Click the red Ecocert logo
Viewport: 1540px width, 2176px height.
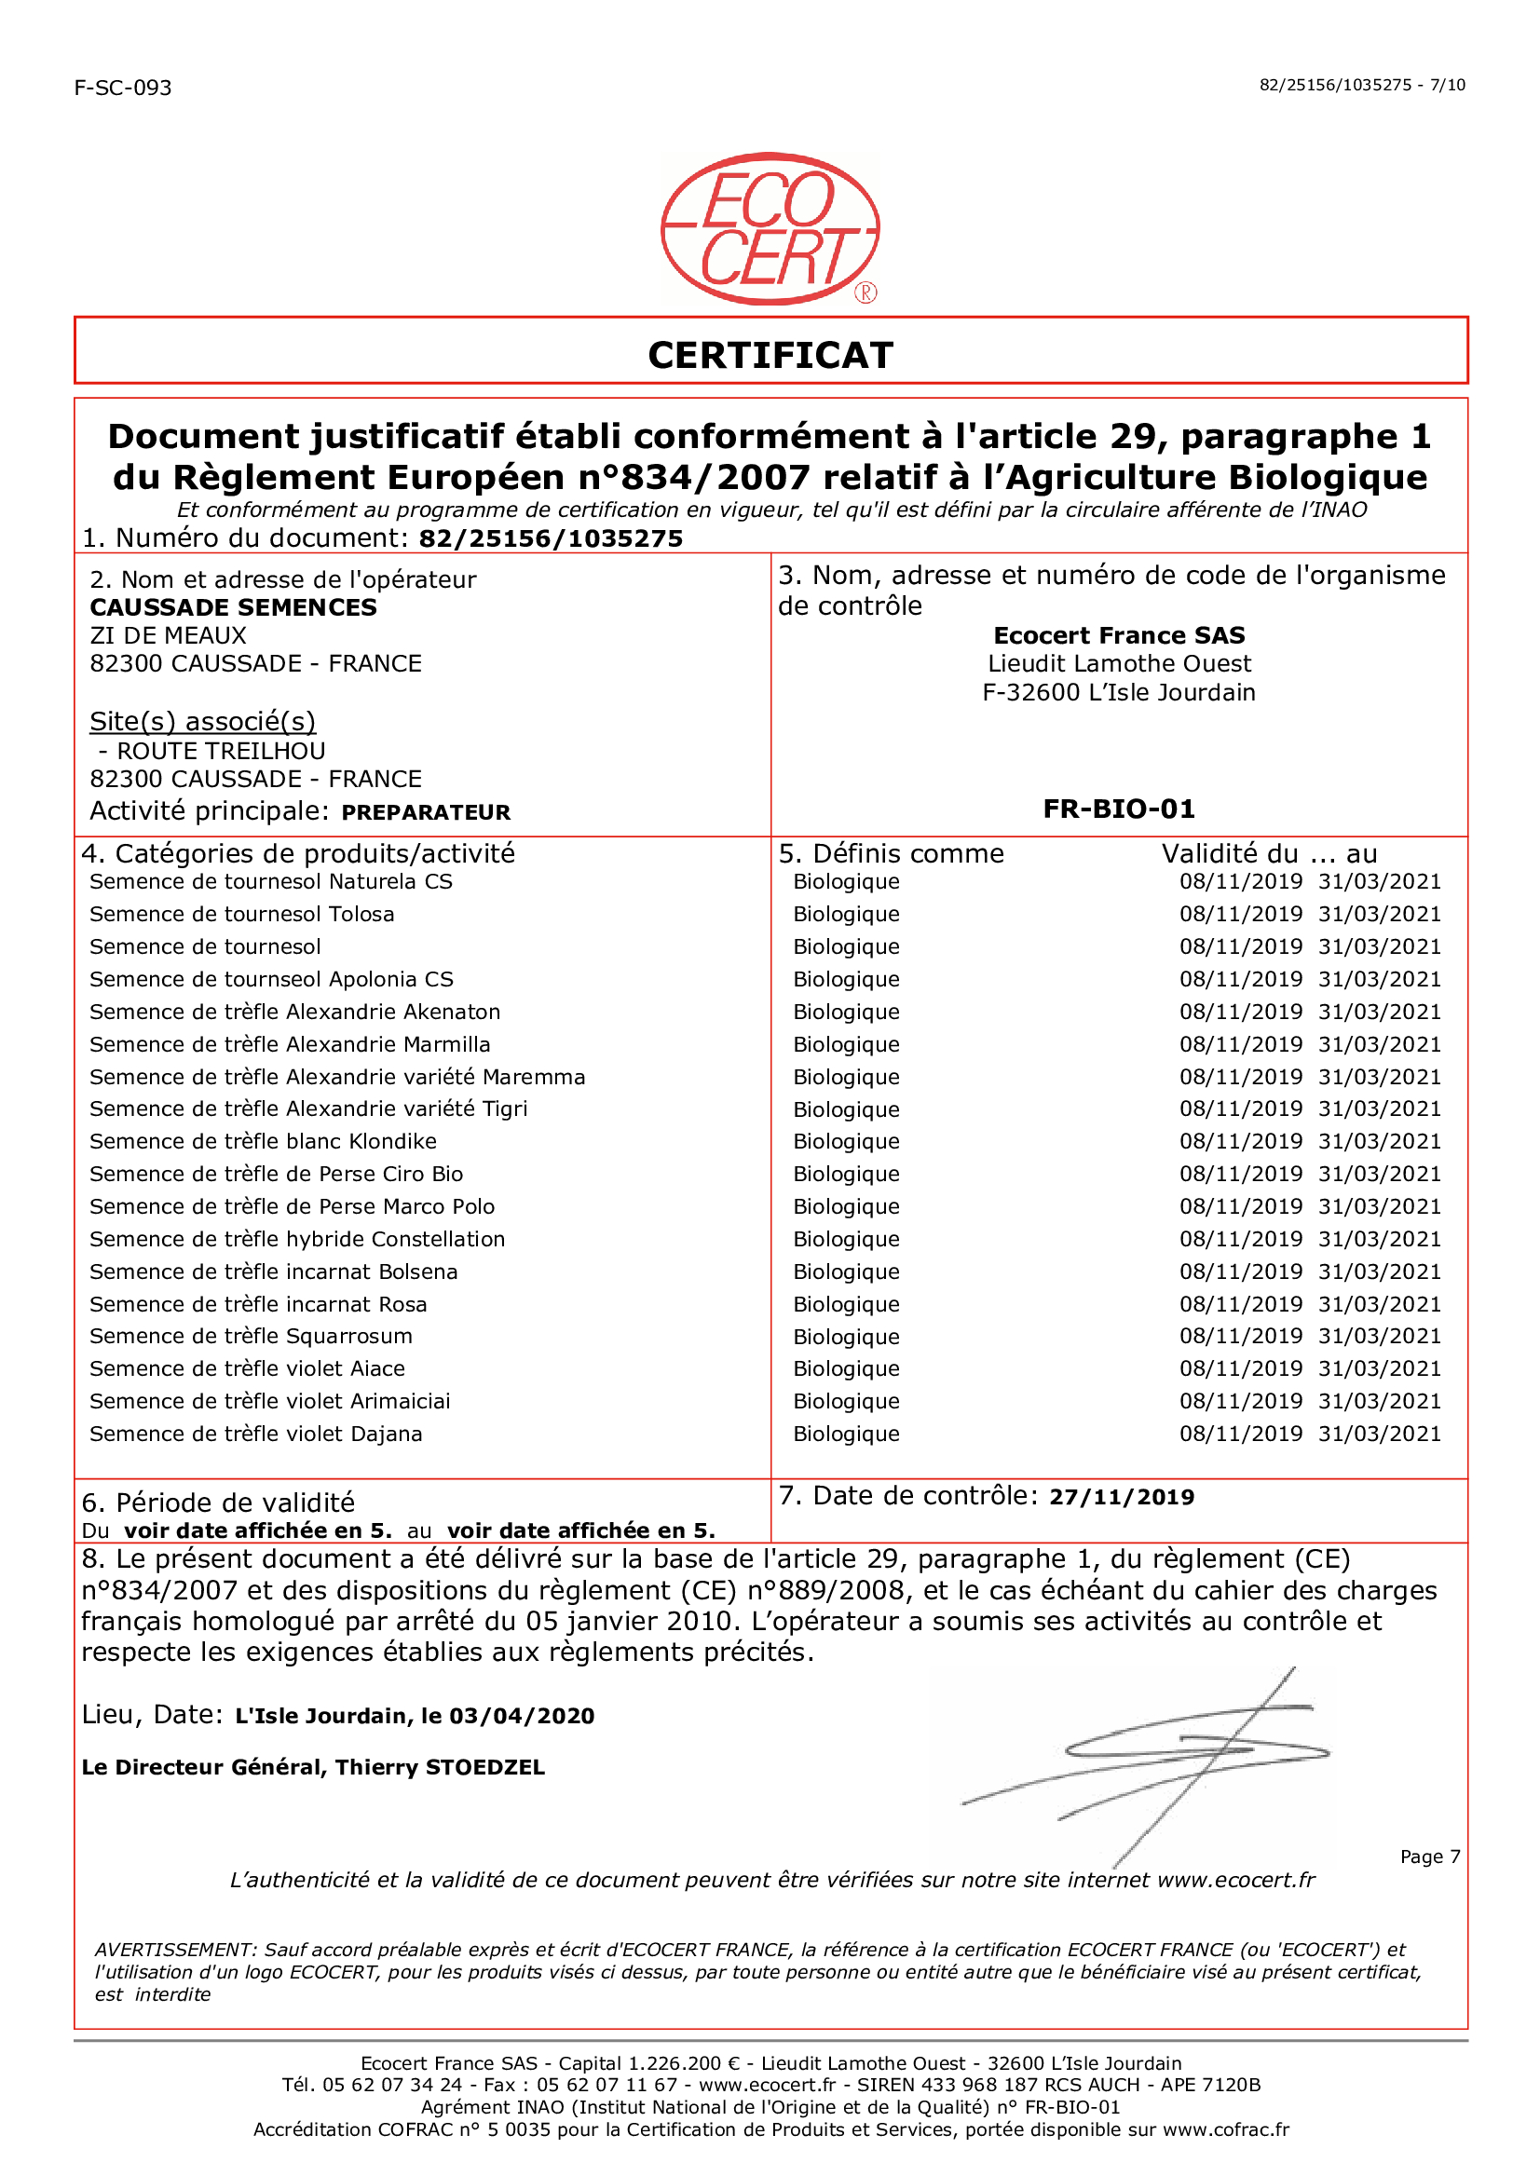tap(770, 228)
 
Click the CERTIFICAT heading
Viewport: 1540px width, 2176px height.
tap(770, 356)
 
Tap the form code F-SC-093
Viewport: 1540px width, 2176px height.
tap(123, 88)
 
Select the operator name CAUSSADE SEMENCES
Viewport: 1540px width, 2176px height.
tap(233, 607)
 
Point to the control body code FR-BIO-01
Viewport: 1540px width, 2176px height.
tap(1119, 809)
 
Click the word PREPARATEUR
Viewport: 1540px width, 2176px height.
tap(426, 812)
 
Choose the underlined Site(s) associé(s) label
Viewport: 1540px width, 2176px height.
tap(202, 722)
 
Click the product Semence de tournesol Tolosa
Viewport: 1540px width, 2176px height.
tap(242, 914)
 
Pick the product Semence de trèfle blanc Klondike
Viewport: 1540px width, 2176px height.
tap(263, 1142)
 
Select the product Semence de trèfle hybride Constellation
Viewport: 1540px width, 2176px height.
tap(297, 1239)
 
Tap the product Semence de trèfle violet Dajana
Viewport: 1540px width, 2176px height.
tap(256, 1434)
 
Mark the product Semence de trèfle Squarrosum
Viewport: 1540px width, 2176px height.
tap(252, 1336)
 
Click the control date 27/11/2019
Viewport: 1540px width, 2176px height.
tap(1121, 1497)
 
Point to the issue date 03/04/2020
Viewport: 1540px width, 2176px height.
tap(522, 1716)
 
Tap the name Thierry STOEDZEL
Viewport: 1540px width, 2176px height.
tap(440, 1767)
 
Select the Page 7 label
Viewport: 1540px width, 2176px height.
tap(1429, 1856)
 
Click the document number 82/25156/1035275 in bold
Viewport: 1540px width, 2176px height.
tap(551, 539)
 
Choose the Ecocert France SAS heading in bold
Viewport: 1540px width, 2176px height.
tap(1119, 635)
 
